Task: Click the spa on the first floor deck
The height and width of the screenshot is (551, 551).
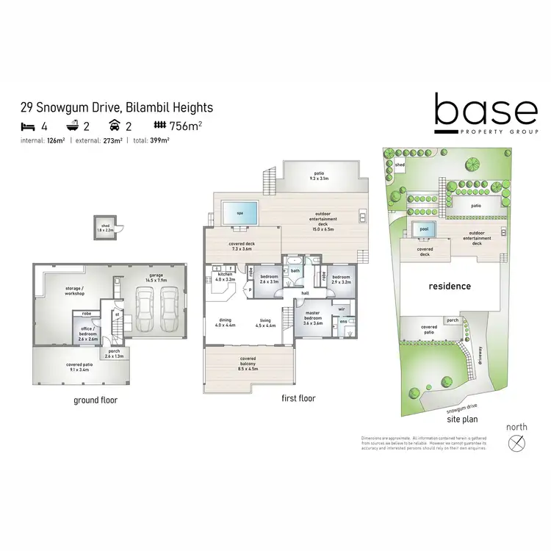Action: (x=240, y=213)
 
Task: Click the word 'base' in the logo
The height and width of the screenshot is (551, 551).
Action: (x=485, y=112)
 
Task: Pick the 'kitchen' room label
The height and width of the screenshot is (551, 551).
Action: (x=225, y=276)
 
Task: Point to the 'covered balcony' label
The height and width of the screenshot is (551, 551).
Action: (x=248, y=361)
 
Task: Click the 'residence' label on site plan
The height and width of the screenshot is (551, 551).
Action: (x=450, y=286)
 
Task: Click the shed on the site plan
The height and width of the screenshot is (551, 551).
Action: (x=400, y=165)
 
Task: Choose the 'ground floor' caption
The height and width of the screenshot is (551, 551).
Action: (x=96, y=400)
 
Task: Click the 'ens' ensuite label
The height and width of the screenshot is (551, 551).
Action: (x=343, y=320)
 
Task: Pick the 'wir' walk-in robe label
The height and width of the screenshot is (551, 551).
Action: (x=342, y=309)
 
